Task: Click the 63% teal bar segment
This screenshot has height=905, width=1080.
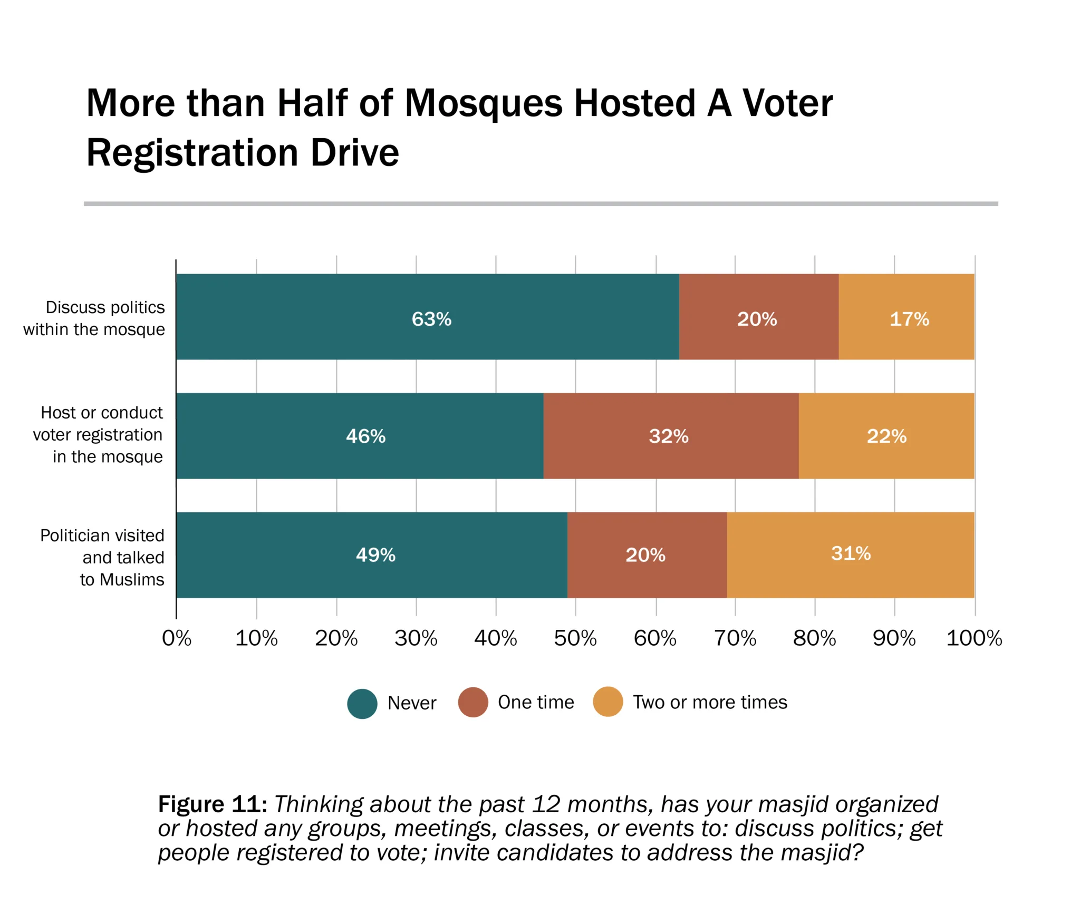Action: [427, 317]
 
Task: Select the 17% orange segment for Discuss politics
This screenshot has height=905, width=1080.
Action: [906, 317]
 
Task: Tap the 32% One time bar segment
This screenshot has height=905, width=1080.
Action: [670, 436]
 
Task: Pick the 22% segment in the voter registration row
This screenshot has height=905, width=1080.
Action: [886, 436]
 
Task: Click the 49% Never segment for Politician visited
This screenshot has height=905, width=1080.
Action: [372, 554]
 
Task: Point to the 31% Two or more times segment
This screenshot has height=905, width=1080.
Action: [850, 554]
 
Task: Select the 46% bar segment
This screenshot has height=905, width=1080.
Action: [360, 436]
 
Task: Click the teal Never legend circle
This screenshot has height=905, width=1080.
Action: [362, 704]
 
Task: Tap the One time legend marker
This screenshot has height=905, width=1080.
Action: [473, 702]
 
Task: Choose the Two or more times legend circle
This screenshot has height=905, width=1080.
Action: [608, 702]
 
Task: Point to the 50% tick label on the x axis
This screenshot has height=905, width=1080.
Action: [575, 638]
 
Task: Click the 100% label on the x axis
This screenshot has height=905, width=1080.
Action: [974, 638]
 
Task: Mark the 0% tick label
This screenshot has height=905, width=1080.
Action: [177, 638]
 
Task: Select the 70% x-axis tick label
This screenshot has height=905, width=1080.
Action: [735, 638]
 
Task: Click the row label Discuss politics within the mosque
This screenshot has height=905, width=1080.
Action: [94, 318]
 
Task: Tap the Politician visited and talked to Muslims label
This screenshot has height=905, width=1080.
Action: [102, 557]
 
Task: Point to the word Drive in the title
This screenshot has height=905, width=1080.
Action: [354, 153]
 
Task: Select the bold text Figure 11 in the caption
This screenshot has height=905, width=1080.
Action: [213, 804]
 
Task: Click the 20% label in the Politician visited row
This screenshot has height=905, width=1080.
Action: [645, 555]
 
